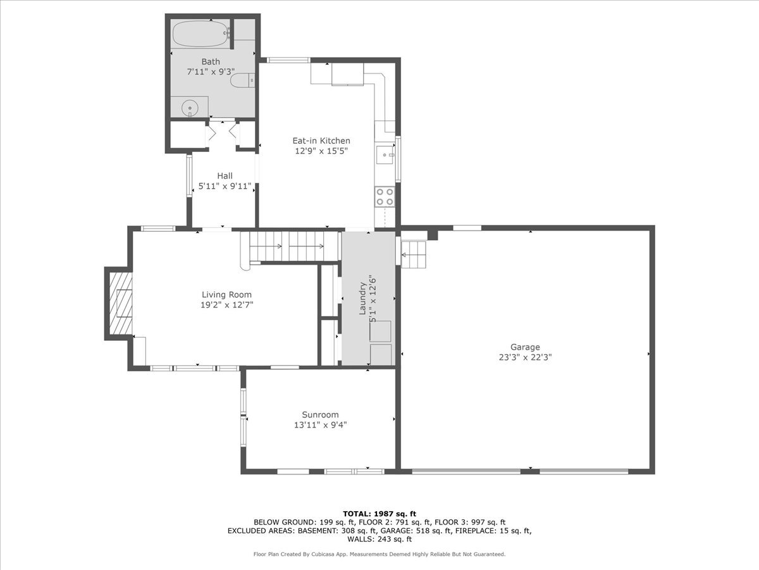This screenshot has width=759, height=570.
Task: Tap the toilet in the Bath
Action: point(242,80)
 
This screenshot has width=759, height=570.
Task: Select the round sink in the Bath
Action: point(190,108)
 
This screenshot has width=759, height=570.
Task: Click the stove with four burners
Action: point(385,197)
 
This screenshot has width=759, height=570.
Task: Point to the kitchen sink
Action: point(385,154)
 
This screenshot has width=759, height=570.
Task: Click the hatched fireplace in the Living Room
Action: point(119,303)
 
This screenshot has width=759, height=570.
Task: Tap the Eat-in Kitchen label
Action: point(321,141)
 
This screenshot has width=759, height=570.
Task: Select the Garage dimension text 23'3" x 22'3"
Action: point(525,357)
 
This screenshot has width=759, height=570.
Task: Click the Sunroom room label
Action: point(320,415)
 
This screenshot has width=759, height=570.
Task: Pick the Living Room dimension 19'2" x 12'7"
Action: point(226,305)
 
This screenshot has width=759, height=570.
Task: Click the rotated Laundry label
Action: point(363,299)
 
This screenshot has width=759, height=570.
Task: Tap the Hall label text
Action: point(225,176)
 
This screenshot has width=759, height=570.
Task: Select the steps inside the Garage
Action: point(414,255)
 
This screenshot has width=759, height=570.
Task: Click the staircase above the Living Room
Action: point(288,246)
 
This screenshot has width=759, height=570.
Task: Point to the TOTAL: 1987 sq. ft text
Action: point(379,514)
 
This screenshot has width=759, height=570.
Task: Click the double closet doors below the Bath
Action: point(223,133)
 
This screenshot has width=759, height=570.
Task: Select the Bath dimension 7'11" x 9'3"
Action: point(211,72)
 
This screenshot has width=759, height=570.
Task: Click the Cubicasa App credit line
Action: point(379,554)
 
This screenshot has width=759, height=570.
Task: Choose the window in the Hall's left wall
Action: point(188,176)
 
